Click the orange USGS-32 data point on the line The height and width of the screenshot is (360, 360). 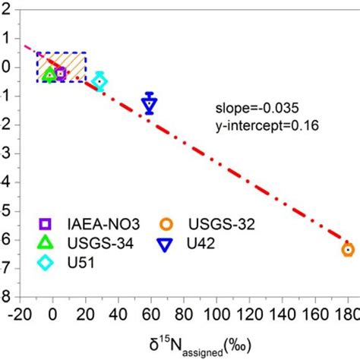pos(347,249)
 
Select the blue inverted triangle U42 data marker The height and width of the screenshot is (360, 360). pos(150,103)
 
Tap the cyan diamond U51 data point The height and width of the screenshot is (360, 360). pos(99,81)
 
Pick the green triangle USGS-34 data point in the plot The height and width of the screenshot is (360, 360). pos(50,74)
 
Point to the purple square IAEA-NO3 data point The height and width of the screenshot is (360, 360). pos(61,73)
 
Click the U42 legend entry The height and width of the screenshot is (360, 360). pos(190,243)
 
